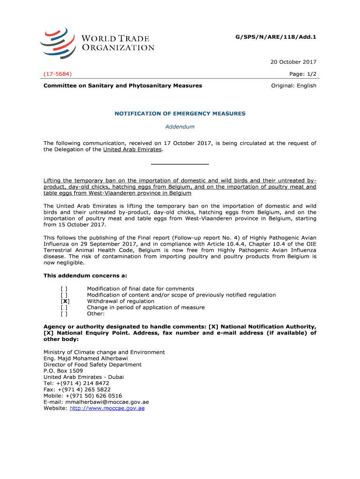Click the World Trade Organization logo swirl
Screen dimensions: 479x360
point(57,43)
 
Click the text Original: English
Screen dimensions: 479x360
point(294,86)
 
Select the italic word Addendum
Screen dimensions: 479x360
point(180,127)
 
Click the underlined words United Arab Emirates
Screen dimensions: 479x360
point(132,150)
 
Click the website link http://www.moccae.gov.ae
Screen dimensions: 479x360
point(107,408)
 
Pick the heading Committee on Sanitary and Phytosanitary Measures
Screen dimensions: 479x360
point(123,86)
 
